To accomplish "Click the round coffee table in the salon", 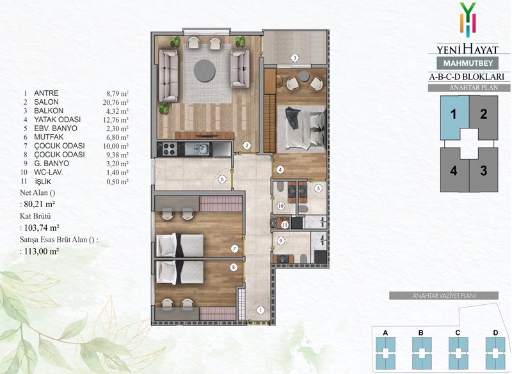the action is [204, 70].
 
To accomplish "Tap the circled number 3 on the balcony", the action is [294, 58].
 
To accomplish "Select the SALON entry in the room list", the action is [46, 102].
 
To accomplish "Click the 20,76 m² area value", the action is [116, 102].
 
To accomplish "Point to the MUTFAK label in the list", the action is [49, 137].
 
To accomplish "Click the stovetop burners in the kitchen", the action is [168, 150].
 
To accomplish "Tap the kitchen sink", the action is [199, 150].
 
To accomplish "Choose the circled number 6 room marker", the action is [222, 179].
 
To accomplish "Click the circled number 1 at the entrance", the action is [260, 310].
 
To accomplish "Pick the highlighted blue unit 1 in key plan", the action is [453, 115].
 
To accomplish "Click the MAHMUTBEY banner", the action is [468, 63].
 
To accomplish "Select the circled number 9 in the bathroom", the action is [280, 241].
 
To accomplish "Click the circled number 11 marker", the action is [285, 224].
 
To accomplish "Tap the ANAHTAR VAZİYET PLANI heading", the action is [444, 296].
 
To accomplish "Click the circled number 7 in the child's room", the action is [234, 249].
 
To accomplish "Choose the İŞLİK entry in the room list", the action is [43, 182].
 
